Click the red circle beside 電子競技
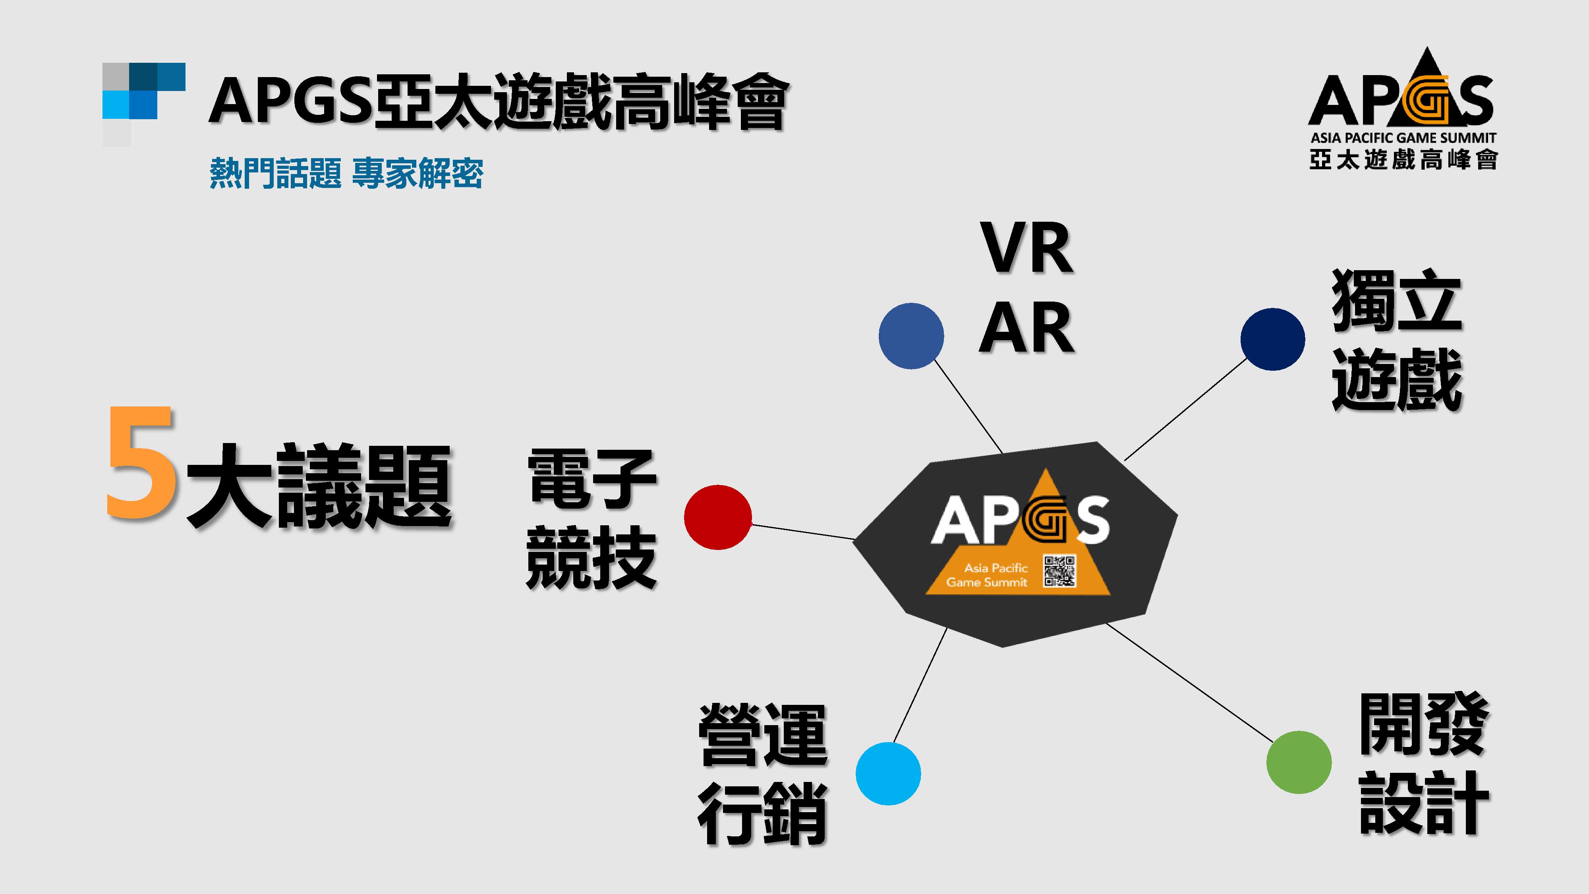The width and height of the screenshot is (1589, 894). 717,517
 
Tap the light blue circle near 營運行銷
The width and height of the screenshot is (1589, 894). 888,774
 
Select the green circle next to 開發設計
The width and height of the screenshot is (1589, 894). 1299,762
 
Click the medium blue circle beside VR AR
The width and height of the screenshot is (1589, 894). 911,336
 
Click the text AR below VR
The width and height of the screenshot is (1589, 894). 1026,328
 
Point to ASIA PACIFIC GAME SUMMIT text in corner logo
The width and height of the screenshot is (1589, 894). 1403,138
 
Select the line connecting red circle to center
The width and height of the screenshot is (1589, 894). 802,532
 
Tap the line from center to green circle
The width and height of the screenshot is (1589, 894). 1191,682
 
